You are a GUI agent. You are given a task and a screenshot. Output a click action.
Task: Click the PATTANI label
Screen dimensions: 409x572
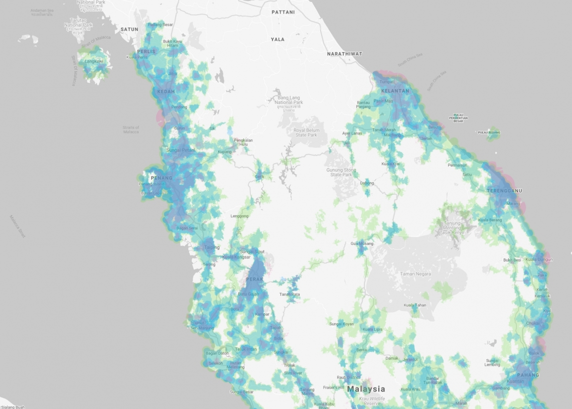point(283,12)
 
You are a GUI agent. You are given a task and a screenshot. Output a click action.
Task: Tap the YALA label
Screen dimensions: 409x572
point(277,39)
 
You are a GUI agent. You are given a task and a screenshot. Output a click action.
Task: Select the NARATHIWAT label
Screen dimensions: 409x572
point(344,54)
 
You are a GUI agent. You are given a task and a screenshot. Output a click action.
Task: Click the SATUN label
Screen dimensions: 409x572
point(129,30)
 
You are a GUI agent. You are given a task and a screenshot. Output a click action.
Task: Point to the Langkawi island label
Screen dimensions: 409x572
point(94,61)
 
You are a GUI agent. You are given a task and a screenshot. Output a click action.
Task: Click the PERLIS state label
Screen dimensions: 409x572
point(146,52)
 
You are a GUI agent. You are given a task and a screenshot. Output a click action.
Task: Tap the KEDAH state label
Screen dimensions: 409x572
point(166,91)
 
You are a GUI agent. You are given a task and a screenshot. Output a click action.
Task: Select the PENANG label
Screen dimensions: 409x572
point(162,178)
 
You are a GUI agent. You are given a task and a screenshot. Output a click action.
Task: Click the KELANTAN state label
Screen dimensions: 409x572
point(395,91)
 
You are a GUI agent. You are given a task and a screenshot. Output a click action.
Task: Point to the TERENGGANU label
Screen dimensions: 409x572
point(504,191)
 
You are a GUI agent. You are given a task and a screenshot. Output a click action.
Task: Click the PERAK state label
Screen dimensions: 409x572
point(254,279)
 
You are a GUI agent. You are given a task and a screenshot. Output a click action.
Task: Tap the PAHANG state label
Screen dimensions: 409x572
point(528,375)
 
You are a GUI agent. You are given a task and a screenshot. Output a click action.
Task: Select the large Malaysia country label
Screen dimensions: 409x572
point(366,389)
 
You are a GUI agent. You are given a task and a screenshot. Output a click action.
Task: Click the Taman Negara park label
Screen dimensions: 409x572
point(415,274)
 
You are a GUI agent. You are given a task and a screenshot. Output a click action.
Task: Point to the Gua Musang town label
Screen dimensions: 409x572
point(362,243)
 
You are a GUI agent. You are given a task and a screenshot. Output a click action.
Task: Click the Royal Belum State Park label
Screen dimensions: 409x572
point(306,132)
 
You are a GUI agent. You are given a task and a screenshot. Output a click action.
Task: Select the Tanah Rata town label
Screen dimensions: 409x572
point(290,294)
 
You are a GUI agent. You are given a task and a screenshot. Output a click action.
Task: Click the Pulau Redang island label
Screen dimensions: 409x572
point(489,133)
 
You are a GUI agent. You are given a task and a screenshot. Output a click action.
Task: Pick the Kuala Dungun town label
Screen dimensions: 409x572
point(537,259)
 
